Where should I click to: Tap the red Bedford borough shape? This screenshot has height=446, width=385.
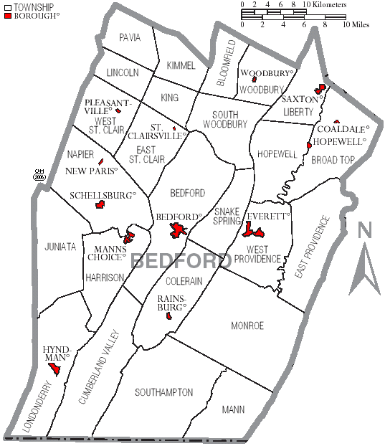tap(177, 231)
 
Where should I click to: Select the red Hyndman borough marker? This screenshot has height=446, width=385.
tap(54, 369)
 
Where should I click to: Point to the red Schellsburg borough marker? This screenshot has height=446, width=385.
tap(100, 205)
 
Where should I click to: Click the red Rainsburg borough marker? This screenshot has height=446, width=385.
tap(168, 315)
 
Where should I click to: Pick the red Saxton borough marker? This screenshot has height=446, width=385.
tap(321, 89)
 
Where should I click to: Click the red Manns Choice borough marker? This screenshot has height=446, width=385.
tap(129, 237)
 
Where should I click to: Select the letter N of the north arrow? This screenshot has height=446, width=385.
tap(365, 231)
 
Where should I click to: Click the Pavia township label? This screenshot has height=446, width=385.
tap(130, 37)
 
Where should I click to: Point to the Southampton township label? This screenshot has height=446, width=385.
tap(164, 392)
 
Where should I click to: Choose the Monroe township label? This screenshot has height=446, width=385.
tap(247, 326)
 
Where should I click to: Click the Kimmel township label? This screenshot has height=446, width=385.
tap(181, 65)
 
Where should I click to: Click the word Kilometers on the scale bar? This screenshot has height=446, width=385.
tap(327, 5)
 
